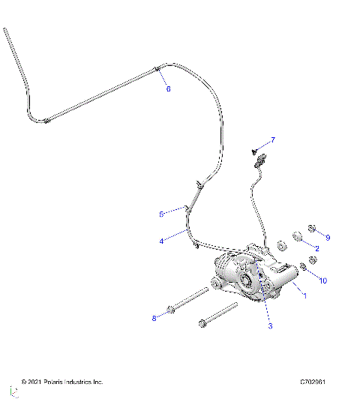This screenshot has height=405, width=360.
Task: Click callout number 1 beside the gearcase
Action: pyautogui.click(x=304, y=295)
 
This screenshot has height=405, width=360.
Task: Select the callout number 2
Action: pyautogui.click(x=317, y=248)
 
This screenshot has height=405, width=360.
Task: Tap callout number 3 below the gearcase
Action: pyautogui.click(x=271, y=325)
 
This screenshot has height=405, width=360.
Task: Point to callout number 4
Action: pyautogui.click(x=160, y=241)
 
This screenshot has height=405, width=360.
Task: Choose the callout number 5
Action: pyautogui.click(x=160, y=214)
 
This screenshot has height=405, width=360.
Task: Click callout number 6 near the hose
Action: pyautogui.click(x=168, y=89)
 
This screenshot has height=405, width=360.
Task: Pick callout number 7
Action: pyautogui.click(x=273, y=140)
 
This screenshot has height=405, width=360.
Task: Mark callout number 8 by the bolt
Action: pyautogui.click(x=154, y=318)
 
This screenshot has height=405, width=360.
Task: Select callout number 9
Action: pyautogui.click(x=328, y=237)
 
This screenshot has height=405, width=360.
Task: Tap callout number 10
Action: pyautogui.click(x=323, y=280)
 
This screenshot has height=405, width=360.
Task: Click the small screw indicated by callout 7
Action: pyautogui.click(x=256, y=148)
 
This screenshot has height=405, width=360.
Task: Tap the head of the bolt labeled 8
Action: pyautogui.click(x=173, y=307)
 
